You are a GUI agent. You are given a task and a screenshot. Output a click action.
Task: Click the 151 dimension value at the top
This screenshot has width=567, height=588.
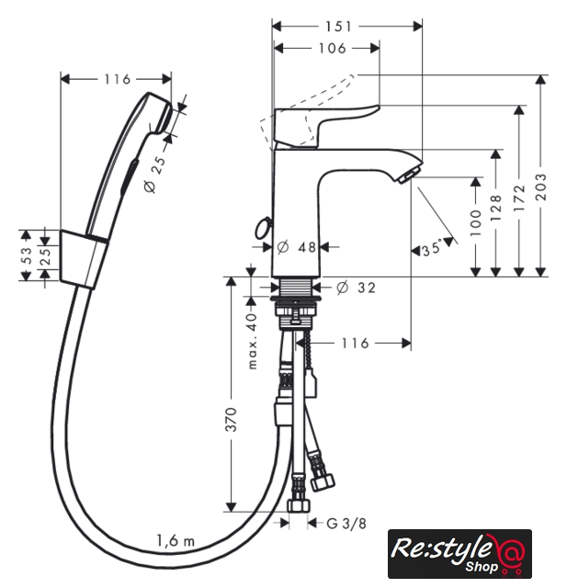tap(338, 27)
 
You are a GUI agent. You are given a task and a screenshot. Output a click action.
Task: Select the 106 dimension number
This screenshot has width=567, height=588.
tap(333, 49)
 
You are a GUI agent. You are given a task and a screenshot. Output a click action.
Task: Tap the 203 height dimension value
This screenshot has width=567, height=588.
tap(541, 187)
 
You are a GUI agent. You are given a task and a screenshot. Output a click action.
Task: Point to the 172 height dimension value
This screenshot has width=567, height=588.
tap(519, 198)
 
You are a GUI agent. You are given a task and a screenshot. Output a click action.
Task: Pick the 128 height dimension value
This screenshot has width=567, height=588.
tap(495, 207)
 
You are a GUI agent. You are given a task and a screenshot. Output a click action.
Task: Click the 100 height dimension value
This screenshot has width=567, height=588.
tap(475, 222)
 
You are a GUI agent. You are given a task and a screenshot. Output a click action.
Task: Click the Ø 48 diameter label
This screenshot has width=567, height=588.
tap(297, 247)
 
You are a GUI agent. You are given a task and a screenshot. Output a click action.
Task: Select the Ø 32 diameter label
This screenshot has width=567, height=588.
tap(356, 288)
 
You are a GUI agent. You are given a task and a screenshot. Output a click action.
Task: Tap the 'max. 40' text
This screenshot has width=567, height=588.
tap(253, 341)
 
